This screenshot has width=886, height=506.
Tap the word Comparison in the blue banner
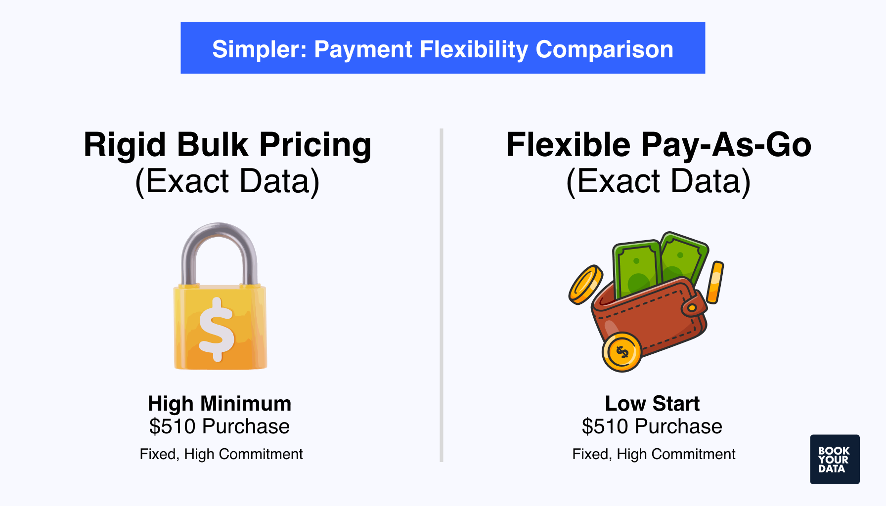coord(604,49)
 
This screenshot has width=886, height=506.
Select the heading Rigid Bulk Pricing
coord(227,145)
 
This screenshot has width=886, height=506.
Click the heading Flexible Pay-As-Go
coord(659,145)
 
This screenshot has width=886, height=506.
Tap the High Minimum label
coord(220,403)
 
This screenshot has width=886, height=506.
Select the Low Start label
coord(652,403)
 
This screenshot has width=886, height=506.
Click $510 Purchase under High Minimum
coord(220,426)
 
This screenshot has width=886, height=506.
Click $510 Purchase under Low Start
coord(652,426)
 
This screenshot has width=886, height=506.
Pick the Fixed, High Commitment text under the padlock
coord(221,454)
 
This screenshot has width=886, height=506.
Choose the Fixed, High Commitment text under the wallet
coord(654,454)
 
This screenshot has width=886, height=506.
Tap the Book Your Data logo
coord(835,459)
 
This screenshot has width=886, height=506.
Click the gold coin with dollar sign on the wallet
coord(622,352)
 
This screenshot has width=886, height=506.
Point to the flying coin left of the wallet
coord(585,285)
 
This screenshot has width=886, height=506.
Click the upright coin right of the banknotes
coord(715,282)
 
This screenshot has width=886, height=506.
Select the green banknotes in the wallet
coord(658,264)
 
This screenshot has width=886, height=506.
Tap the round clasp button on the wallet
coord(692,308)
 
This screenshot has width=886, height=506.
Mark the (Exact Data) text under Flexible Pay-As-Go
coord(659,181)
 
